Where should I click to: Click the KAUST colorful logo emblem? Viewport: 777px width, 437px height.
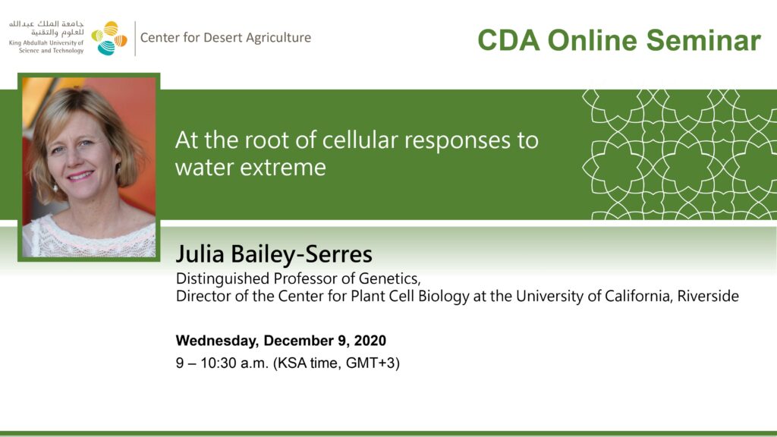coord(109,38)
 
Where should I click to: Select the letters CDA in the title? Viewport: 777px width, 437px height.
coord(508,40)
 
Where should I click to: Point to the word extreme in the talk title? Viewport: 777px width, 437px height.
coord(283,168)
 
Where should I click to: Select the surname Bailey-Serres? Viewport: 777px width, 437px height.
coord(302,254)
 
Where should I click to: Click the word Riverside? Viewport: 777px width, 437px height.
coord(708,296)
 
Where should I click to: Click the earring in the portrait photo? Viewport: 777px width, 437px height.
coord(55,187)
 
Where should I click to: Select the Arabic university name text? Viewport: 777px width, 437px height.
coord(47,28)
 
